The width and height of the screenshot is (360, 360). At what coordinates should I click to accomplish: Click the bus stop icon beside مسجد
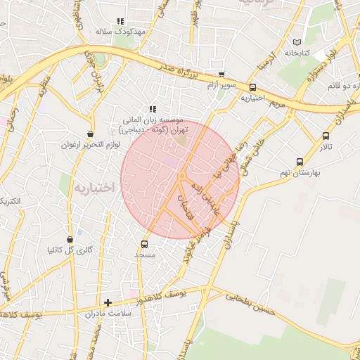coord(145,244)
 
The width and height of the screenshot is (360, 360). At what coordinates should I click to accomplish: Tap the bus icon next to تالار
coord(326,136)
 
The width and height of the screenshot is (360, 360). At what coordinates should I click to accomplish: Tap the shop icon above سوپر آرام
coord(221,75)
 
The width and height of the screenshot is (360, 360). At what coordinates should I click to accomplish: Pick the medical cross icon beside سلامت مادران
coord(108,303)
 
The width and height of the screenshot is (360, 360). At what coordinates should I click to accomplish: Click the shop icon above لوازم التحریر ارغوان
coord(91,134)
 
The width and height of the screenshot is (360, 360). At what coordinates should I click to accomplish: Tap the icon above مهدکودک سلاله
coord(120,22)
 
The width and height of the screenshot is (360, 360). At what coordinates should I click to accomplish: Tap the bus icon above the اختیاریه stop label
coord(252,87)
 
